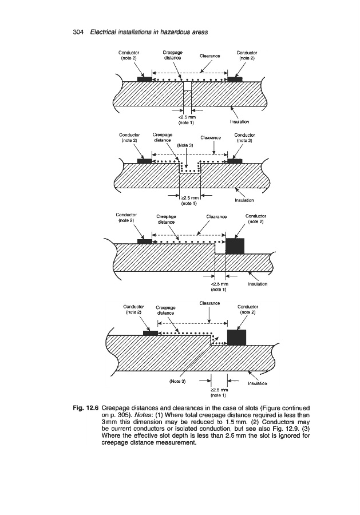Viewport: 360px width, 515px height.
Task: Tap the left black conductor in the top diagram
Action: click(144, 78)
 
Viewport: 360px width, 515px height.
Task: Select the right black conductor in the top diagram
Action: click(235, 78)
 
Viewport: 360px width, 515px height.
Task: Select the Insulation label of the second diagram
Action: click(244, 200)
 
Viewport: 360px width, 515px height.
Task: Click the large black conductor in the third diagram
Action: click(235, 245)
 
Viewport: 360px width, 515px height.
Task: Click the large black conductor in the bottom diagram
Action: click(237, 337)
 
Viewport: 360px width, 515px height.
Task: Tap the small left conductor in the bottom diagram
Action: click(150, 333)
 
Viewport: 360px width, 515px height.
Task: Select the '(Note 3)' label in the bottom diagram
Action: click(179, 380)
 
